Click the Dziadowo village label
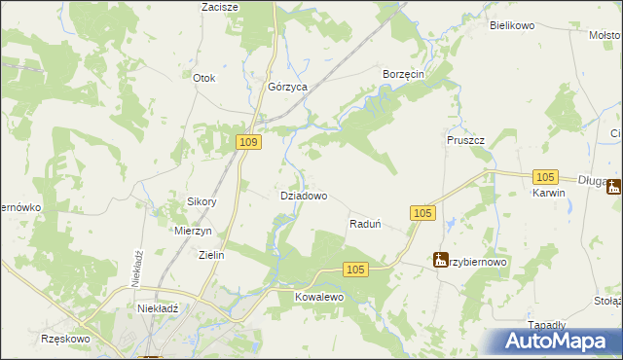(304, 196)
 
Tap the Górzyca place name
(288, 87)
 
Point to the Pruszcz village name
(465, 140)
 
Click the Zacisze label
(220, 7)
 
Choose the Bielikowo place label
(513, 25)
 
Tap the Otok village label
(203, 78)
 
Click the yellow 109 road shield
(249, 143)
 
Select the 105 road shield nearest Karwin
(545, 176)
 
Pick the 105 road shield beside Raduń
(421, 213)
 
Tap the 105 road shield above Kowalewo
(355, 270)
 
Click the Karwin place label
(548, 193)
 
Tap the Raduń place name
(364, 224)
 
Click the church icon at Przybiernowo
(442, 260)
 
